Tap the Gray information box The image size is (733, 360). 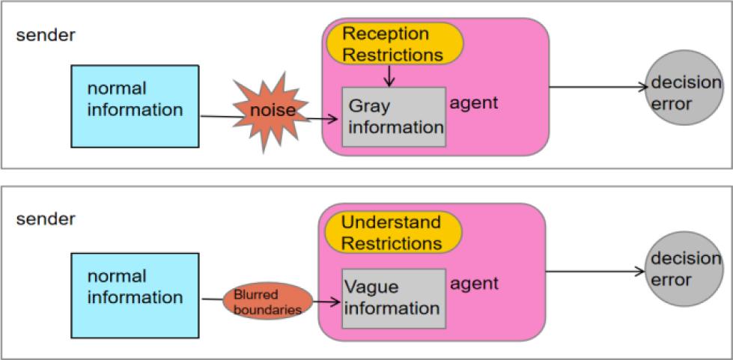[394, 118]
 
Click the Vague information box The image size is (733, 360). [394, 298]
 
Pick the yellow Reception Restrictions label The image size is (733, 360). [395, 44]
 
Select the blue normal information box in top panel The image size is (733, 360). [135, 106]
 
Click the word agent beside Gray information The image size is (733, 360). [473, 103]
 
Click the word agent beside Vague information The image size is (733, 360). [473, 284]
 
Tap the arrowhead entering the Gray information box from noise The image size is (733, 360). [336, 118]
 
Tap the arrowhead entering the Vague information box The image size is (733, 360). [336, 302]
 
